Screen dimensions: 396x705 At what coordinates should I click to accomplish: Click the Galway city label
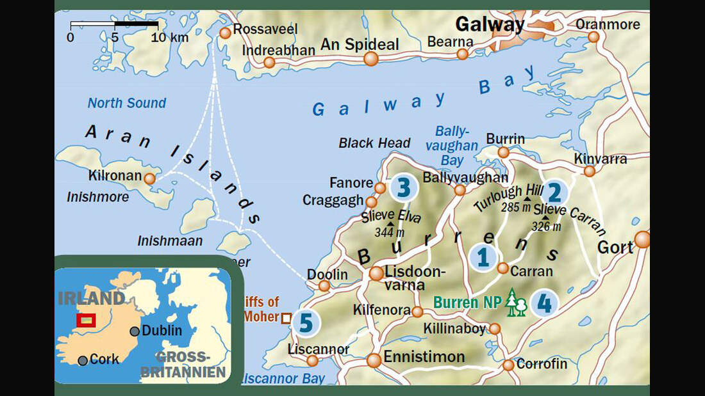click(x=490, y=25)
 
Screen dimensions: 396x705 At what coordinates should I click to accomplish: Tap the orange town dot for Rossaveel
click(x=225, y=33)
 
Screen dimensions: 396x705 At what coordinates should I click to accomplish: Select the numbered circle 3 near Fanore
click(x=403, y=187)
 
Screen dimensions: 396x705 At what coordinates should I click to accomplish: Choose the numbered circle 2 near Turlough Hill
click(x=555, y=191)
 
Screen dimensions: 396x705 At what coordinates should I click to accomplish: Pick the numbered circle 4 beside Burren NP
click(x=543, y=303)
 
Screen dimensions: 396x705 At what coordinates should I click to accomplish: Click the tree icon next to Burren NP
click(x=515, y=303)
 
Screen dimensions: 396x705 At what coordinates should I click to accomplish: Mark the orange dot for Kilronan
click(x=149, y=178)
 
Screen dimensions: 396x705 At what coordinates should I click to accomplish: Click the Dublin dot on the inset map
click(x=135, y=331)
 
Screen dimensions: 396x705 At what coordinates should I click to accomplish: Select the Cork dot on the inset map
click(x=83, y=360)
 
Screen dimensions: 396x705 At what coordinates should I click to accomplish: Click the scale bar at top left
click(x=114, y=25)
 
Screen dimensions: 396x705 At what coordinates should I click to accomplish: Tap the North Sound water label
click(x=127, y=103)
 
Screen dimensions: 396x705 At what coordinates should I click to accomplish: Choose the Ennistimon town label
click(x=424, y=357)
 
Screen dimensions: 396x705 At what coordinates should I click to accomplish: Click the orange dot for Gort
click(x=642, y=240)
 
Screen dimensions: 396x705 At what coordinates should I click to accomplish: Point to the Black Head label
click(x=374, y=143)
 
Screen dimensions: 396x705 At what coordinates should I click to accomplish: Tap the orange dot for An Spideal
click(x=371, y=59)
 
